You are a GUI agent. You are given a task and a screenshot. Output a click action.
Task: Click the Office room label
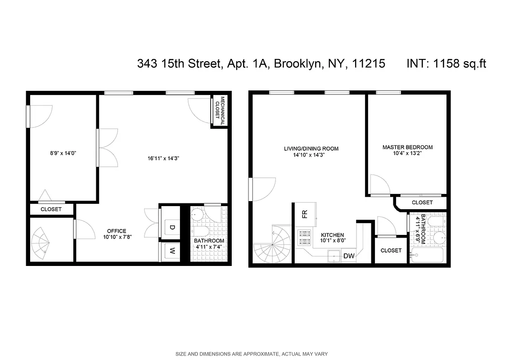117,231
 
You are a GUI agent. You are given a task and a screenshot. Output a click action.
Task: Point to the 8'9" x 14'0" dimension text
63,153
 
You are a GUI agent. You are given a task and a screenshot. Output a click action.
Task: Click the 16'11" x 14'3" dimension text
162,158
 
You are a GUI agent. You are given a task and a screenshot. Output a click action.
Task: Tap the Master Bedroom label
407,147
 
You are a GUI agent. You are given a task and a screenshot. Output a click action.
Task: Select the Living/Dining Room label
311,148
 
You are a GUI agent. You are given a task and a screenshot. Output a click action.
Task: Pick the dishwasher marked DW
349,256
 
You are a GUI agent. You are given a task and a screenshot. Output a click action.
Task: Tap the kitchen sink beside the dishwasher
333,256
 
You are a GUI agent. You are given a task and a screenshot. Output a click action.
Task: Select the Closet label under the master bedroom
422,202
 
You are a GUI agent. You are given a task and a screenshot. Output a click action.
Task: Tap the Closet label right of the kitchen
391,250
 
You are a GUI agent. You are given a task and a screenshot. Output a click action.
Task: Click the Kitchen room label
332,235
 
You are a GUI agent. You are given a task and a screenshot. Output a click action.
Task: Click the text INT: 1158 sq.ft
446,64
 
